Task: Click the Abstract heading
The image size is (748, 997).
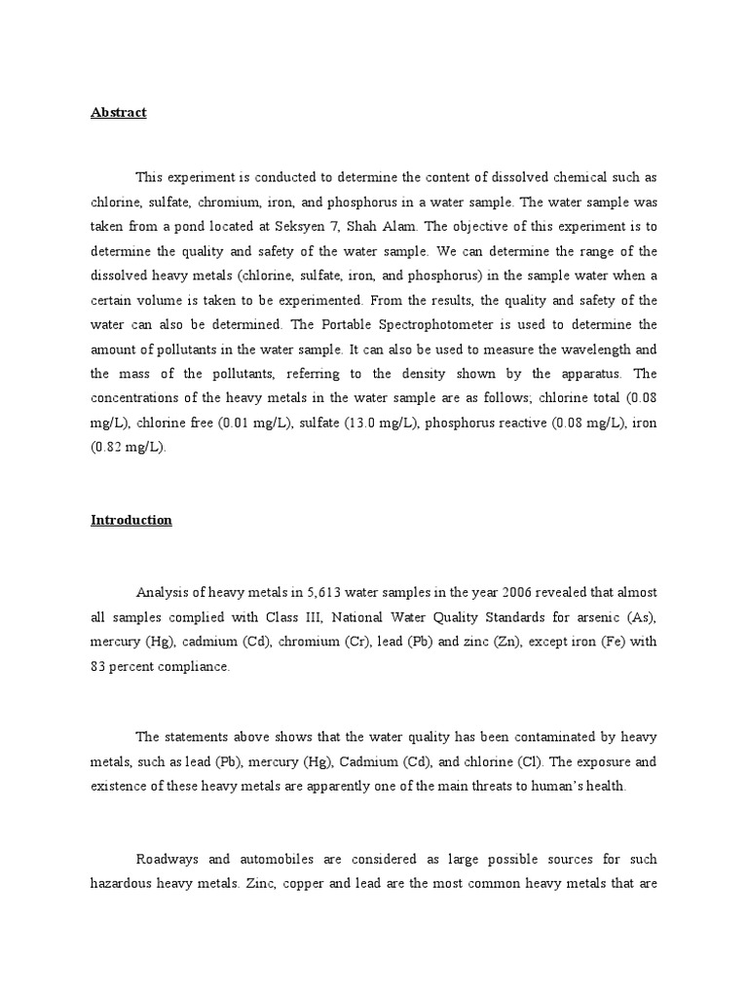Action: [x=118, y=112]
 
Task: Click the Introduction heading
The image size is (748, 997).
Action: [x=131, y=520]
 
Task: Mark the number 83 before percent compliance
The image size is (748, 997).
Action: [x=100, y=666]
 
